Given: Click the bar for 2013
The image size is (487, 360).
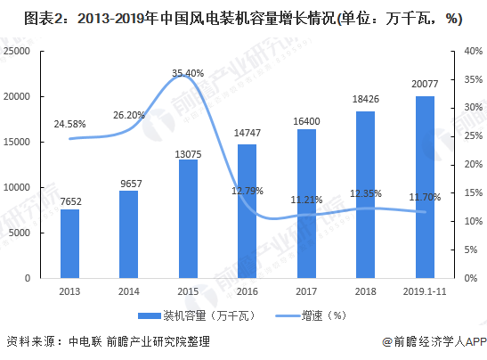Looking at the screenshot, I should tap(69, 243).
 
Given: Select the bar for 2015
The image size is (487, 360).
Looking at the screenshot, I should tap(188, 218).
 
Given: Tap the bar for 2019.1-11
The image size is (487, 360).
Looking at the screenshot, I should tap(425, 187).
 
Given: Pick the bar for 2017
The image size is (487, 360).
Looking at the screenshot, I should tap(306, 203).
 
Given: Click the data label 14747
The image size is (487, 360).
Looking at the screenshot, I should tap(247, 133).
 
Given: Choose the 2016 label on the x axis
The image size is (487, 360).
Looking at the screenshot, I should tap(247, 290).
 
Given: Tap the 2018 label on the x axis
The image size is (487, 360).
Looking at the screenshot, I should tap(365, 290).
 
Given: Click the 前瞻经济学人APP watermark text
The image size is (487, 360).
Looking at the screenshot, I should tap(433, 341).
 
